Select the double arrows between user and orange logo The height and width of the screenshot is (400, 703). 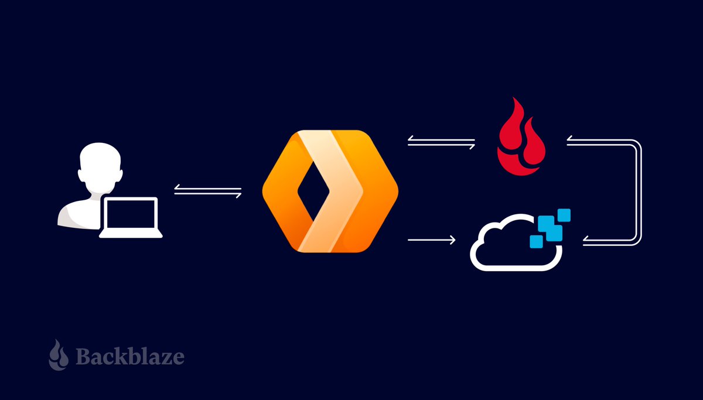(208, 190)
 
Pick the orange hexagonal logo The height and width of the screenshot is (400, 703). (330, 192)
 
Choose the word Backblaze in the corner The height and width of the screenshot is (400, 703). (129, 355)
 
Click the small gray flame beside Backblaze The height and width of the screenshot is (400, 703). (59, 354)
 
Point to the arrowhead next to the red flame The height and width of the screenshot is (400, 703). (571, 140)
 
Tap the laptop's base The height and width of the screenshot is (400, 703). (131, 235)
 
